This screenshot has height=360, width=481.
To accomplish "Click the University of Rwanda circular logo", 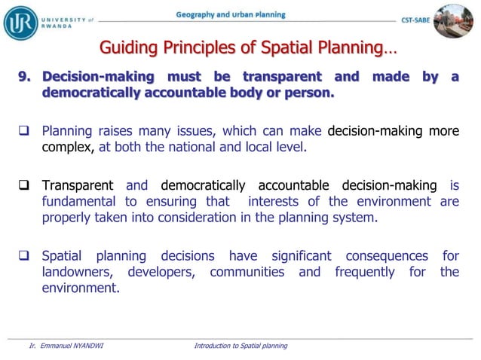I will coord(20,21).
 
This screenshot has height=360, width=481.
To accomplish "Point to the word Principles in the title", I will coord(194,49).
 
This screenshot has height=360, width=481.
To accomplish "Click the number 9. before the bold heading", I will coord(27,77).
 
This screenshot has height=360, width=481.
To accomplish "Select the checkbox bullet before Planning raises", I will coord(23,132).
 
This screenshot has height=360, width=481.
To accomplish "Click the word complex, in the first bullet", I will coord(68,148).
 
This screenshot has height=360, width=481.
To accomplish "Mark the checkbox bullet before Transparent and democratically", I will coord(23,185).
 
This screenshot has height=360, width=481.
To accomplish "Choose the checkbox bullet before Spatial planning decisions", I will coord(23,256).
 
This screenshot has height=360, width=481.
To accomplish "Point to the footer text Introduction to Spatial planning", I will coord(240,346).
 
